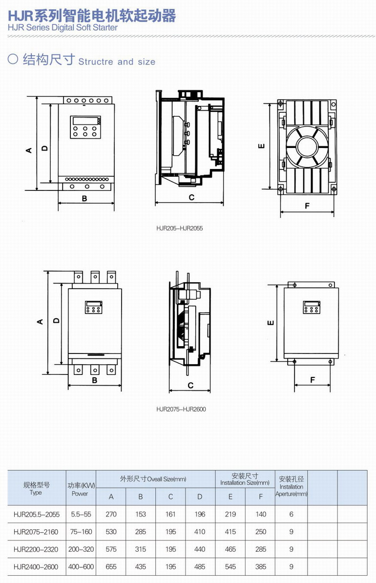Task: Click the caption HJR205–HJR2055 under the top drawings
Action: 180,229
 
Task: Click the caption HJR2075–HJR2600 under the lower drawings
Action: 181,409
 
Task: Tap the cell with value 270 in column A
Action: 111,514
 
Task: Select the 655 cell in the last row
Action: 111,566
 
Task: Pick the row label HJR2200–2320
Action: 36,549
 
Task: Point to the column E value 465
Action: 230,549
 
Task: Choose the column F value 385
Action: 261,566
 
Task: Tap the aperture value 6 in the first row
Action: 291,514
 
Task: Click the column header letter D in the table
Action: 200,497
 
